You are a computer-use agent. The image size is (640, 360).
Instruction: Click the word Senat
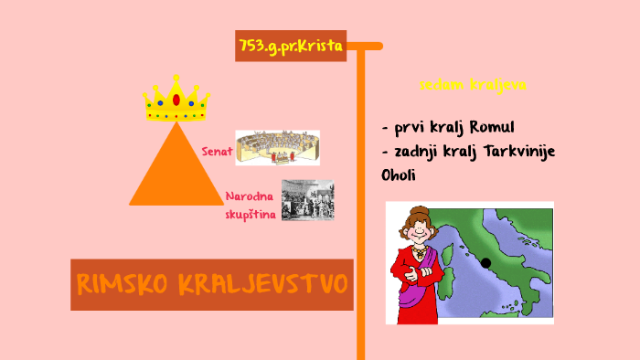click(x=217, y=151)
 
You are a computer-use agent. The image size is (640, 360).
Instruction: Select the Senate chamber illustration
click(x=277, y=148)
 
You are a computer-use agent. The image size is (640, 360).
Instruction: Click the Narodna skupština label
click(x=251, y=205)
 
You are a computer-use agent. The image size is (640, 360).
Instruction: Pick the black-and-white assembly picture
click(x=307, y=200)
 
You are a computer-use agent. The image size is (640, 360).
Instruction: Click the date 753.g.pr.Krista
click(x=290, y=44)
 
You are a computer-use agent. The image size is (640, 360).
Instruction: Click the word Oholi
click(x=399, y=175)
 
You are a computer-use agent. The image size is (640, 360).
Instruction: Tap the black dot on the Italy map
click(x=485, y=263)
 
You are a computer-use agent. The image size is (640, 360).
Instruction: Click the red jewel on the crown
click(x=176, y=99)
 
